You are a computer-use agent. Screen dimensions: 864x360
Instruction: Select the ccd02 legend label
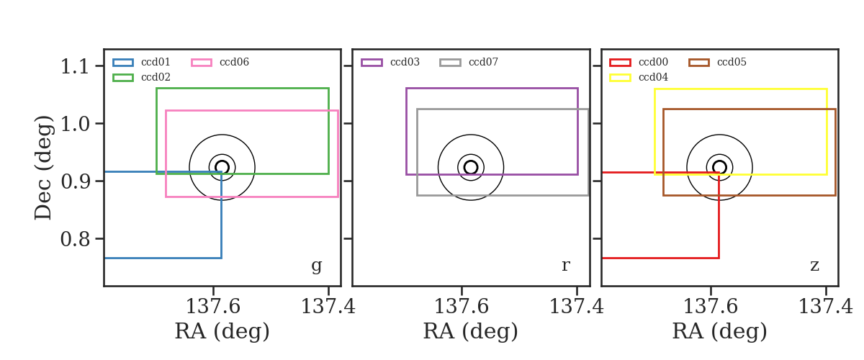156,77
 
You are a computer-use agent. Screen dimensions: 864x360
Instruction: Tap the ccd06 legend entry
234,62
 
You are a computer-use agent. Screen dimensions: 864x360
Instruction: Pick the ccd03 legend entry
405,62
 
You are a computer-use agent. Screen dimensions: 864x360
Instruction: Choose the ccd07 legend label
483,62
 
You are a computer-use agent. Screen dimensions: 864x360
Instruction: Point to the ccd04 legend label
654,77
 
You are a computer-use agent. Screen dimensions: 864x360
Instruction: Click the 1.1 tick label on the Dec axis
75,66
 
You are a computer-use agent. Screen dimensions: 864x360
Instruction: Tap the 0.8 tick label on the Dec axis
75,239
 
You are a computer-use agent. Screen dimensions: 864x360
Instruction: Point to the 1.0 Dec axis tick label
75,124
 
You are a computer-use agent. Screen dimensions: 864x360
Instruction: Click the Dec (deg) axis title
42,168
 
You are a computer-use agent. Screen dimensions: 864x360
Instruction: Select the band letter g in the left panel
316,266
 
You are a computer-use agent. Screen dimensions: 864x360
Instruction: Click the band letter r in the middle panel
565,265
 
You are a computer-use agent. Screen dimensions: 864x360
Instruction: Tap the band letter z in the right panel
814,266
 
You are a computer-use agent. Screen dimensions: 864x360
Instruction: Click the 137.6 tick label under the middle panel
462,307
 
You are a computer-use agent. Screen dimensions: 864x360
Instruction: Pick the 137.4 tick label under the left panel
328,307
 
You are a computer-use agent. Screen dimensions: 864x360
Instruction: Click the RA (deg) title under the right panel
719,331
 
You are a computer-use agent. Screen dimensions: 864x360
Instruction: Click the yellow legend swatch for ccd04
620,78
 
